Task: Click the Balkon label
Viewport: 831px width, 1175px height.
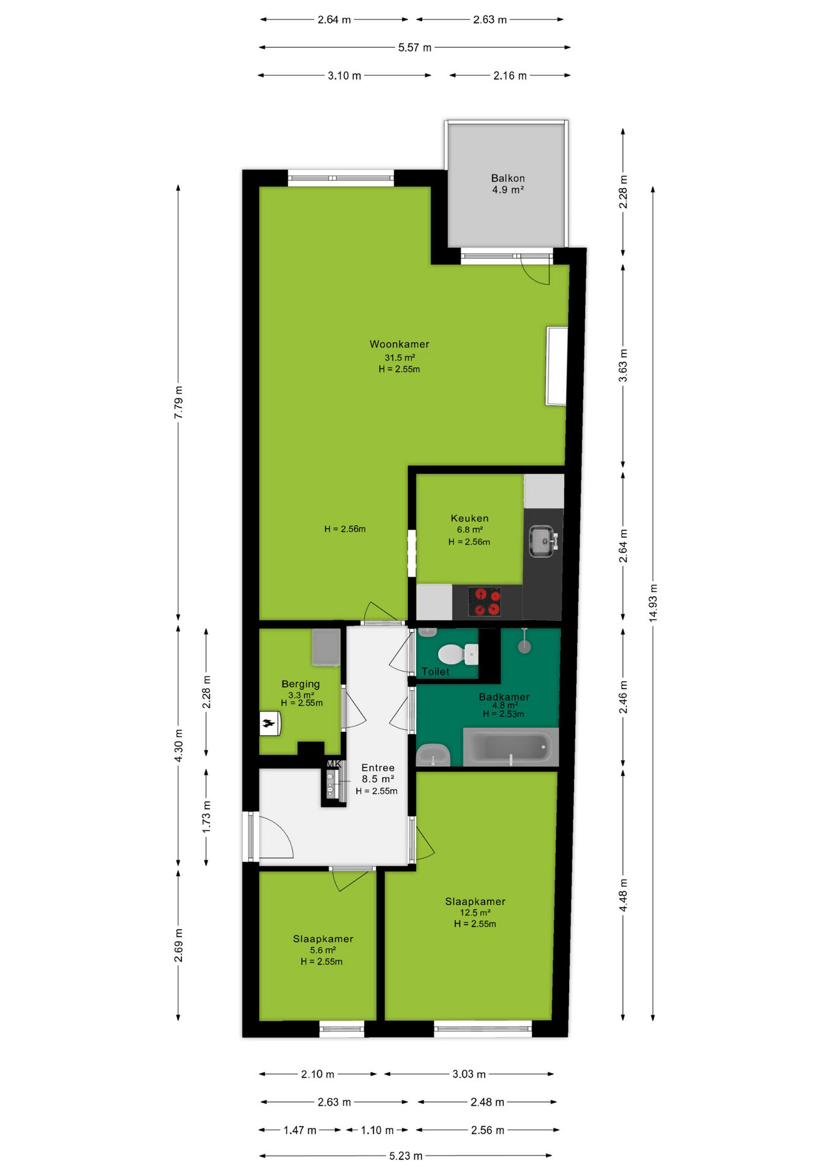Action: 508,178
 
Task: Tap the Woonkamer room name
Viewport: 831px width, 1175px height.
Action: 399,344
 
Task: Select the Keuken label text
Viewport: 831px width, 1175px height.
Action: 469,518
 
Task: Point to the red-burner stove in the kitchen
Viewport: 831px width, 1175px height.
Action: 485,602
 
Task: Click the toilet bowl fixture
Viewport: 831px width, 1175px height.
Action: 458,654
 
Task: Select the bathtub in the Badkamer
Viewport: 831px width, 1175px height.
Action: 511,747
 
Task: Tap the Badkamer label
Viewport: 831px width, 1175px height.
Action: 504,696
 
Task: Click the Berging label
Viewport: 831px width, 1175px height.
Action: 300,684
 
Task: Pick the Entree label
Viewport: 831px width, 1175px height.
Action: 378,767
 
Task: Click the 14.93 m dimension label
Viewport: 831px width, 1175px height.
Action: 653,603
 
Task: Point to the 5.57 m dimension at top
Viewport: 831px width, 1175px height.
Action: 415,47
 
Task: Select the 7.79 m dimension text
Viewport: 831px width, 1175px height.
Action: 178,403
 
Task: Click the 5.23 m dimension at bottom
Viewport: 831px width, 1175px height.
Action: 406,1156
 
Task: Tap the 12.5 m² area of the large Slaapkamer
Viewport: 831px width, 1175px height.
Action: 475,912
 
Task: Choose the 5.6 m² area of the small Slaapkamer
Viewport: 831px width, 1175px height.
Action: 322,950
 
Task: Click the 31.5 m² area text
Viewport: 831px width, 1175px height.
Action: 400,357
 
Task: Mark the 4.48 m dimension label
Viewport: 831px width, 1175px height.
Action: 623,895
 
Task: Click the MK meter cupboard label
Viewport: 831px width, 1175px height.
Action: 334,764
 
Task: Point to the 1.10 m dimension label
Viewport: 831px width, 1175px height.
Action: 377,1130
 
